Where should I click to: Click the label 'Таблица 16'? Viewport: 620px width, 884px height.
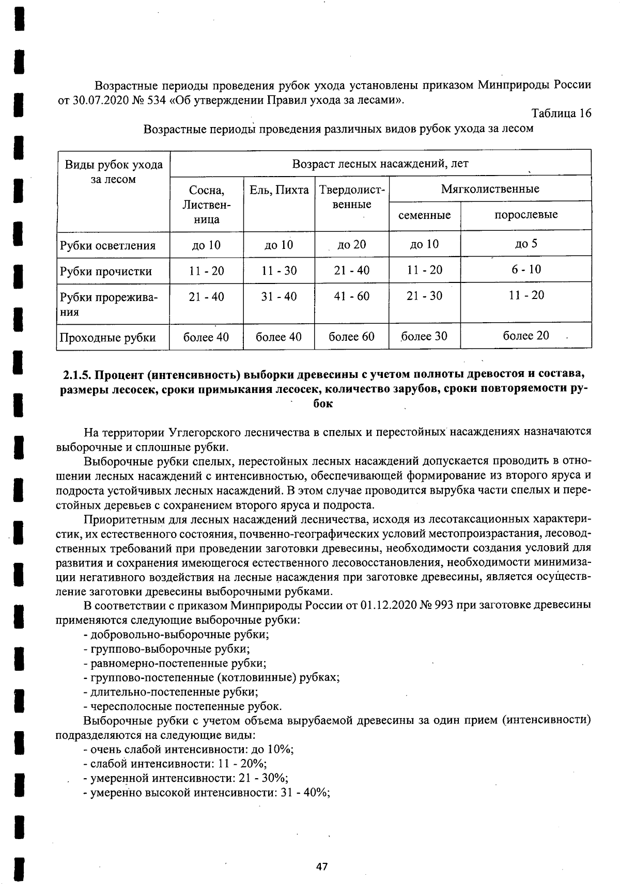pyautogui.click(x=561, y=114)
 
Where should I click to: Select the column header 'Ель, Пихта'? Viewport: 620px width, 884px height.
pyautogui.click(x=279, y=190)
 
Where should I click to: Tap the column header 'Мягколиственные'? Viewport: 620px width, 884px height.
pyautogui.click(x=490, y=188)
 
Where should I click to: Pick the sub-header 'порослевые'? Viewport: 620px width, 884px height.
pyautogui.click(x=526, y=214)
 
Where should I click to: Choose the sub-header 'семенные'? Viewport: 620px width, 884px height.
pyautogui.click(x=424, y=215)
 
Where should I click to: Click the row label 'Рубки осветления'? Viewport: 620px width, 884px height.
pyautogui.click(x=107, y=245)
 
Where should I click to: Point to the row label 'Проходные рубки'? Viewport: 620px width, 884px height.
pyautogui.click(x=107, y=338)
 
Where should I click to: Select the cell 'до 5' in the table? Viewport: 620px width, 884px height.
pyautogui.click(x=526, y=244)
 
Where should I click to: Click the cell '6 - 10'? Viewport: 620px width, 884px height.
pyautogui.click(x=526, y=270)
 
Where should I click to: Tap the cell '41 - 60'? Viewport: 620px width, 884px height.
pyautogui.click(x=351, y=296)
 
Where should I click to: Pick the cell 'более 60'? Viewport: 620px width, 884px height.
pyautogui.click(x=351, y=337)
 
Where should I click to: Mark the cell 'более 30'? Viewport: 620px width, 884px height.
pyautogui.click(x=424, y=336)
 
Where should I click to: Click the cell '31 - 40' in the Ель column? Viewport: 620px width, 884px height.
pyautogui.click(x=279, y=296)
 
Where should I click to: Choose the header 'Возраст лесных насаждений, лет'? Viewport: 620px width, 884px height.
pyautogui.click(x=380, y=164)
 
